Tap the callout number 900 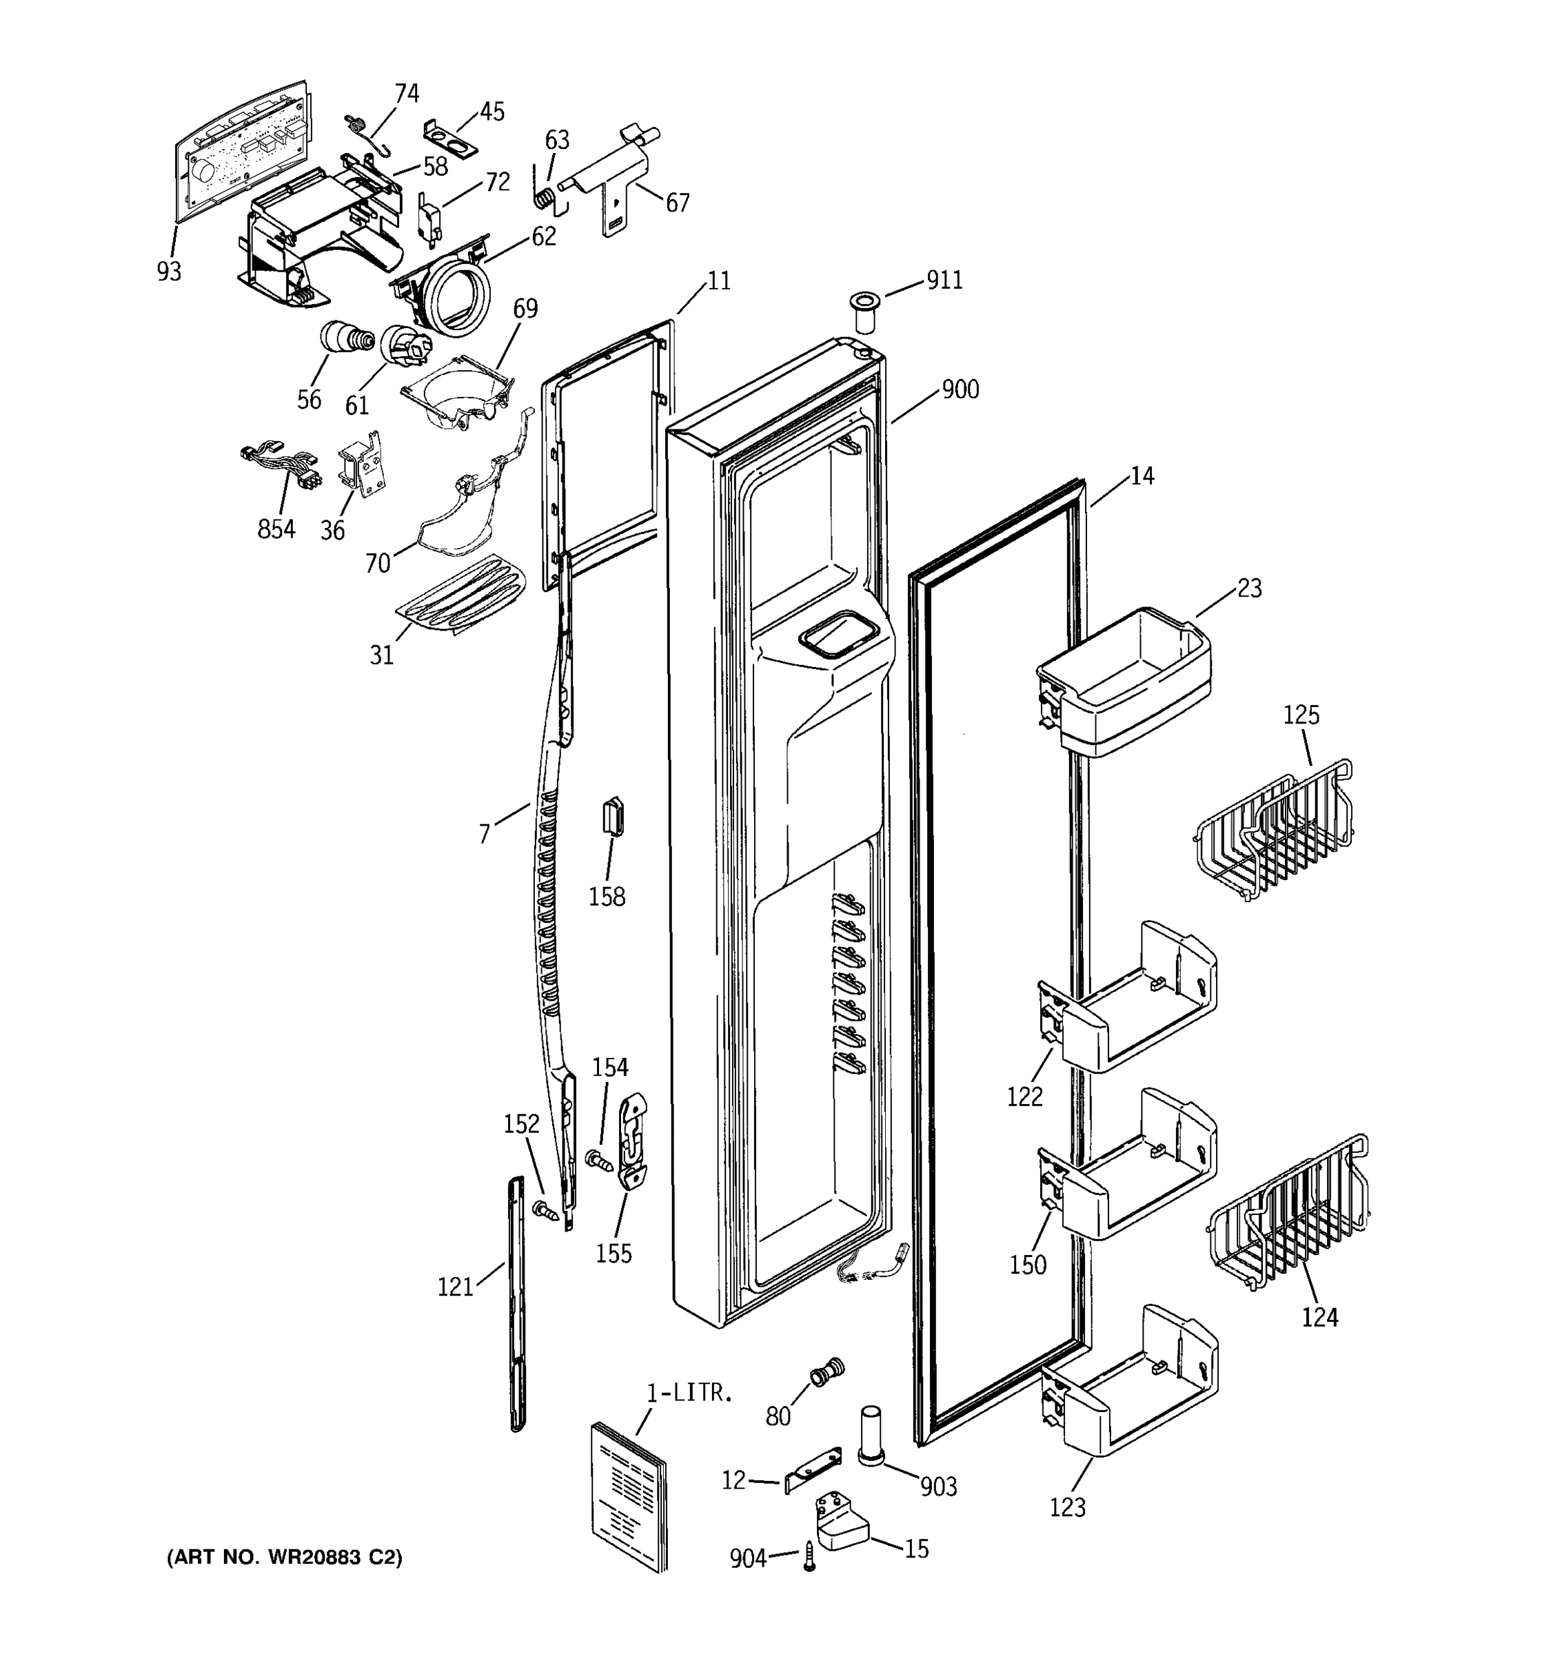pos(960,389)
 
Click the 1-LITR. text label pos(688,1393)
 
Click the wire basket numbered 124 pos(1286,1215)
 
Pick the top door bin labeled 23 pos(1124,682)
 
